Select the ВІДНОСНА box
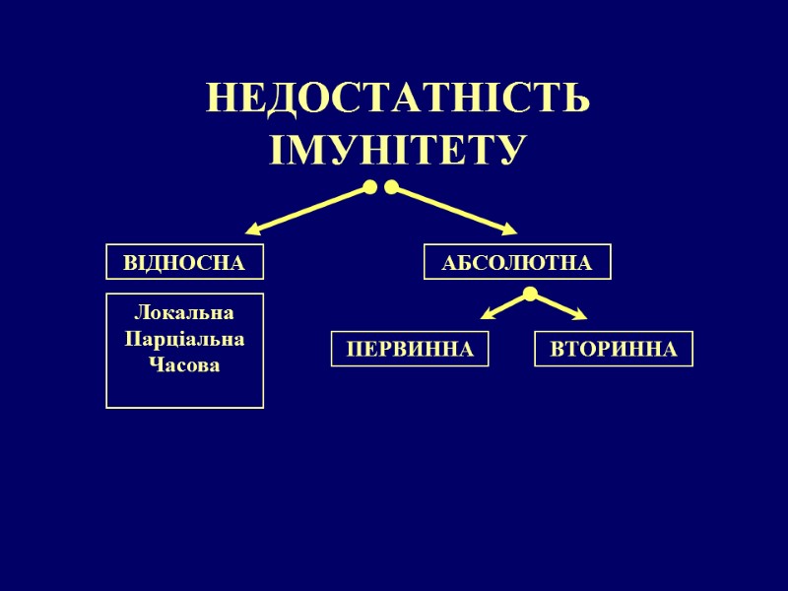tap(184, 263)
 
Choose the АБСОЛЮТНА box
tap(517, 263)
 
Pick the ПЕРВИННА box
tap(410, 350)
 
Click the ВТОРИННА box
tap(613, 350)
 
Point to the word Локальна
tap(184, 313)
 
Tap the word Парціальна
tap(184, 339)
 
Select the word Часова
tap(184, 365)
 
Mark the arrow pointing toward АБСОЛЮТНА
tap(453, 210)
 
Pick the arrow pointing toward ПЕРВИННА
tap(505, 306)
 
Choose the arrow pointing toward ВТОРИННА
tap(558, 306)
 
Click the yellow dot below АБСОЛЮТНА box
tap(530, 294)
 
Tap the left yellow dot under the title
tap(369, 187)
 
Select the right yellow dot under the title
tap(391, 187)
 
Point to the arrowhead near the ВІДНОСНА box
tap(254, 230)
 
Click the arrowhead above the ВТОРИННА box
tap(578, 315)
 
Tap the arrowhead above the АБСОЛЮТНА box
tap(508, 230)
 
